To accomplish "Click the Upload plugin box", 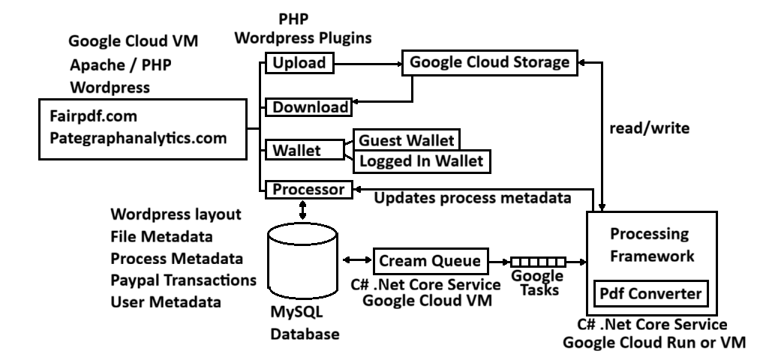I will pyautogui.click(x=299, y=62).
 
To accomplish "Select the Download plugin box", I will pyautogui.click(x=310, y=107).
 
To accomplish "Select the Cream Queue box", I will pyautogui.click(x=430, y=260).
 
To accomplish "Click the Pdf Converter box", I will pyautogui.click(x=651, y=292).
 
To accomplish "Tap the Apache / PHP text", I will pyautogui.click(x=121, y=65).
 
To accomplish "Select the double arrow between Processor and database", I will pyautogui.click(x=302, y=211).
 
